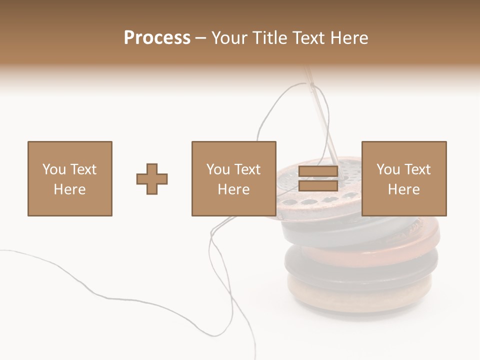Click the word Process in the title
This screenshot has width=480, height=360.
[157, 38]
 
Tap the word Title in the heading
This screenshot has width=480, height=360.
[268, 38]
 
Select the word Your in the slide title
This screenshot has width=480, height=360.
[230, 38]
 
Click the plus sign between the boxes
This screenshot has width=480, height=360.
[152, 179]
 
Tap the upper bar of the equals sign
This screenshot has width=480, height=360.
[318, 171]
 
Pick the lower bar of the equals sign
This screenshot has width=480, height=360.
[318, 186]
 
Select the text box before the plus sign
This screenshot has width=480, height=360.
[70, 179]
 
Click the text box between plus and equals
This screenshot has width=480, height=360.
[233, 179]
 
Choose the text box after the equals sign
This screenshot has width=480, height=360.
[404, 179]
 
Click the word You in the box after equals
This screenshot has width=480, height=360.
[388, 169]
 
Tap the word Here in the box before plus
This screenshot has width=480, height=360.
[69, 189]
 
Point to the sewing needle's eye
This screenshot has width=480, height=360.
[314, 90]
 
